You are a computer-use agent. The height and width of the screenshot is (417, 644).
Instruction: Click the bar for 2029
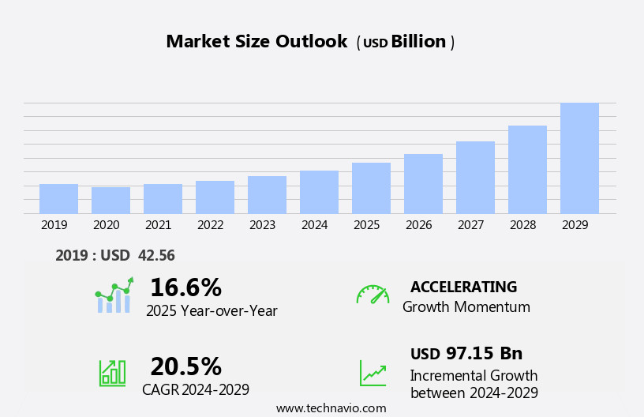(579, 158)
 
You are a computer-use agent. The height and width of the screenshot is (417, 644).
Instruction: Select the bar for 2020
(110, 200)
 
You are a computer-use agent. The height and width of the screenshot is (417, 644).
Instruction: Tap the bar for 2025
(371, 188)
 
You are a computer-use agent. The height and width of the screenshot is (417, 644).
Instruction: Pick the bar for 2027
(475, 177)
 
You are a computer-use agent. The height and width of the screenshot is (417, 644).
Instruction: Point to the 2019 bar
(58, 198)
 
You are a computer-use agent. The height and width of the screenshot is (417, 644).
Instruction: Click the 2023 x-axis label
(262, 225)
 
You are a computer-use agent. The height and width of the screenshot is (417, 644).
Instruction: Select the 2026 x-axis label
(418, 225)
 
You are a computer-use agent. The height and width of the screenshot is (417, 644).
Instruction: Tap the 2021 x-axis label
(158, 225)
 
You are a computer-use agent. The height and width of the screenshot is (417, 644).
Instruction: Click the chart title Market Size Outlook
(256, 42)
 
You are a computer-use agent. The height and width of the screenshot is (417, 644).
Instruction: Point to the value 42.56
(156, 256)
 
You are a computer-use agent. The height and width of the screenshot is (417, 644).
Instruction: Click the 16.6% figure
(185, 287)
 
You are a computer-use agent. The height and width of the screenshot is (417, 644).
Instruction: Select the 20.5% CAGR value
(185, 366)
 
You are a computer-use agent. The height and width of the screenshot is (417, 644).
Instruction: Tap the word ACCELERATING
(463, 287)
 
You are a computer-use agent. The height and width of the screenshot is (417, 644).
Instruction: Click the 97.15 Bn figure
(484, 354)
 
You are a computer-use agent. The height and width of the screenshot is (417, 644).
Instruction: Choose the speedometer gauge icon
(373, 295)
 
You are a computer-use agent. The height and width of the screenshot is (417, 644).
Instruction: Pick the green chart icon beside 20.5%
(112, 372)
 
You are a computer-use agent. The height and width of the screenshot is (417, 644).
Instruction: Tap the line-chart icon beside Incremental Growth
(373, 373)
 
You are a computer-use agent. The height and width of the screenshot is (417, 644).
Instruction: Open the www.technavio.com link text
(331, 408)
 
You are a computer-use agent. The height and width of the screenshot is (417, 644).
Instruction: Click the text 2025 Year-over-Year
(212, 311)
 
